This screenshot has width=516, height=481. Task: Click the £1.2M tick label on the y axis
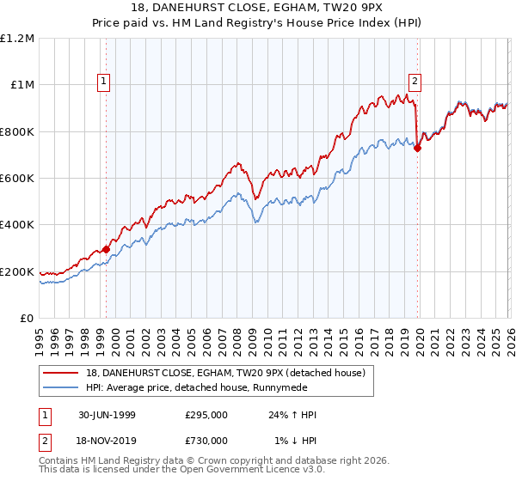pos(17,39)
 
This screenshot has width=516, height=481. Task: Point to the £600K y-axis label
pos(17,179)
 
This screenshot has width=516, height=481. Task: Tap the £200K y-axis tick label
pos(17,272)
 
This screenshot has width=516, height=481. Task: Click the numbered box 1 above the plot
pos(104,82)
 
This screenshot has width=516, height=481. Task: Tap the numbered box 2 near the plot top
pos(415,82)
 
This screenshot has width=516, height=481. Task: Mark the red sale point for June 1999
pos(107,249)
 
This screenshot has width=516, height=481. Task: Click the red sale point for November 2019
pos(417,148)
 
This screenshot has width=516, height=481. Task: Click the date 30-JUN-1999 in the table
pos(106,415)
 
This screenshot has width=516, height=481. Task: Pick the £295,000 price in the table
pos(206,415)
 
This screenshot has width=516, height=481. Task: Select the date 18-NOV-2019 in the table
pos(106,440)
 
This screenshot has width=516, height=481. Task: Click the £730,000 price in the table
pos(206,440)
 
